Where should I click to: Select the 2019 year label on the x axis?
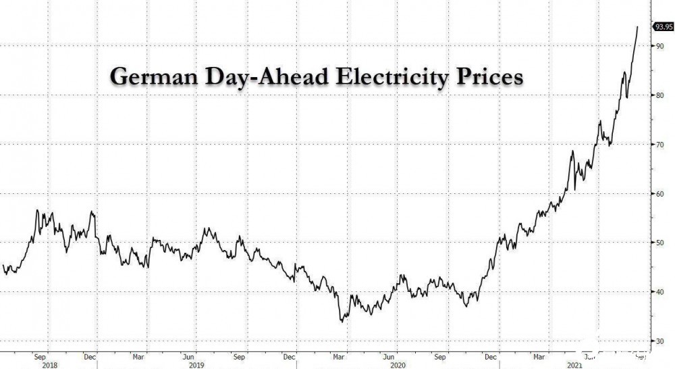(x=196, y=364)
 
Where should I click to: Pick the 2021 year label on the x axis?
(x=574, y=364)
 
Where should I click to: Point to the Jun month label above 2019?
(x=190, y=355)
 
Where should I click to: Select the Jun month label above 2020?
(x=388, y=355)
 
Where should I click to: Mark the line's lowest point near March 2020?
(x=342, y=322)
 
